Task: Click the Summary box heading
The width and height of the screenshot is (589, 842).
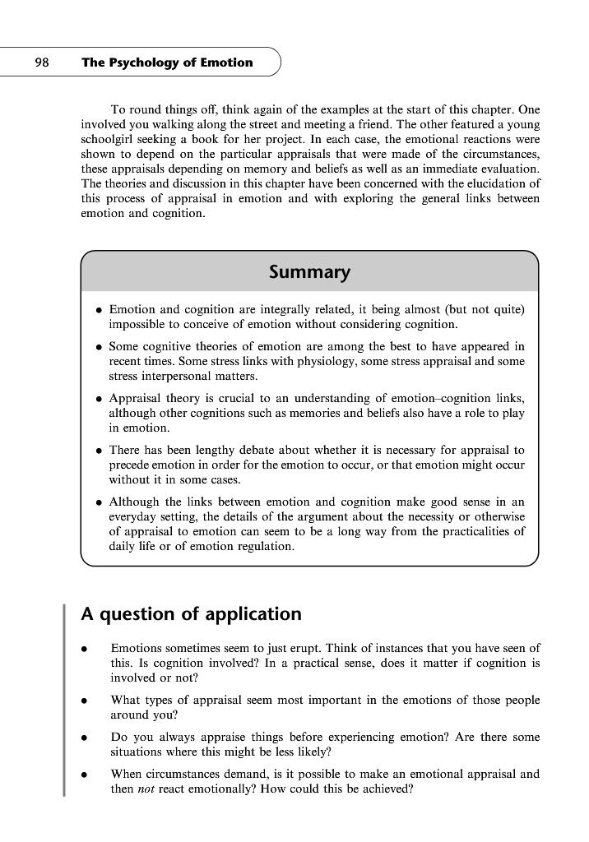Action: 309,272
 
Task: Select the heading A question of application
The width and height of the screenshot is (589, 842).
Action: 191,614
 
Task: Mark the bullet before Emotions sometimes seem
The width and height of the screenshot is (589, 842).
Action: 84,650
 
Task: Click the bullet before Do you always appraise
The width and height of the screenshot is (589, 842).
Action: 84,738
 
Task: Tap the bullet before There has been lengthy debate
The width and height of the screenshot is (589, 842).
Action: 99,451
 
